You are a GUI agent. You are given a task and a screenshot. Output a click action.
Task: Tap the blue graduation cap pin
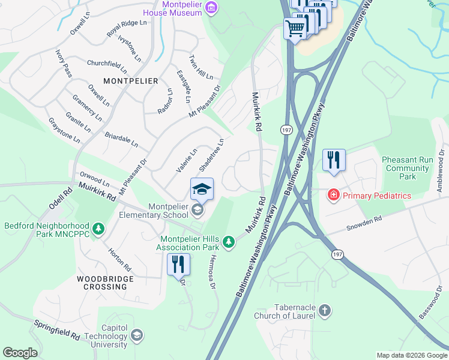coord(202,190)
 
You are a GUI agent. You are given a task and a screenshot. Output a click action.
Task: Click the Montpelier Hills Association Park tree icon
coord(228,241)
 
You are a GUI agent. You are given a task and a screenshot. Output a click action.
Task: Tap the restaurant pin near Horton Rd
coord(178,265)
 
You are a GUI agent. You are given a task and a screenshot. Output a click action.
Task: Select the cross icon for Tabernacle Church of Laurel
coord(324,310)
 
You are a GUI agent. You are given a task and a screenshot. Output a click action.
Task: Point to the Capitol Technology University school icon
coord(137,335)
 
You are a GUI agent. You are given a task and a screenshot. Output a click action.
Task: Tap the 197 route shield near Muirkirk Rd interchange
coord(286,130)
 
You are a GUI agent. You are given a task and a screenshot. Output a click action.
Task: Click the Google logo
coord(20,352)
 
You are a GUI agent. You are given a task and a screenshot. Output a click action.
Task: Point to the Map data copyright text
coord(411,355)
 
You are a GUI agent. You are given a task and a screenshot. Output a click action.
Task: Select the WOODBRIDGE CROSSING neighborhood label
coord(101,283)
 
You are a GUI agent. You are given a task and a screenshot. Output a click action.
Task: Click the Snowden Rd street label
coord(364,224)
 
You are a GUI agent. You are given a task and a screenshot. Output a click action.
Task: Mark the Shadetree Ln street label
coord(211,154)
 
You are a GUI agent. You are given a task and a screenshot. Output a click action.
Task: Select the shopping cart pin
coord(295,27)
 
